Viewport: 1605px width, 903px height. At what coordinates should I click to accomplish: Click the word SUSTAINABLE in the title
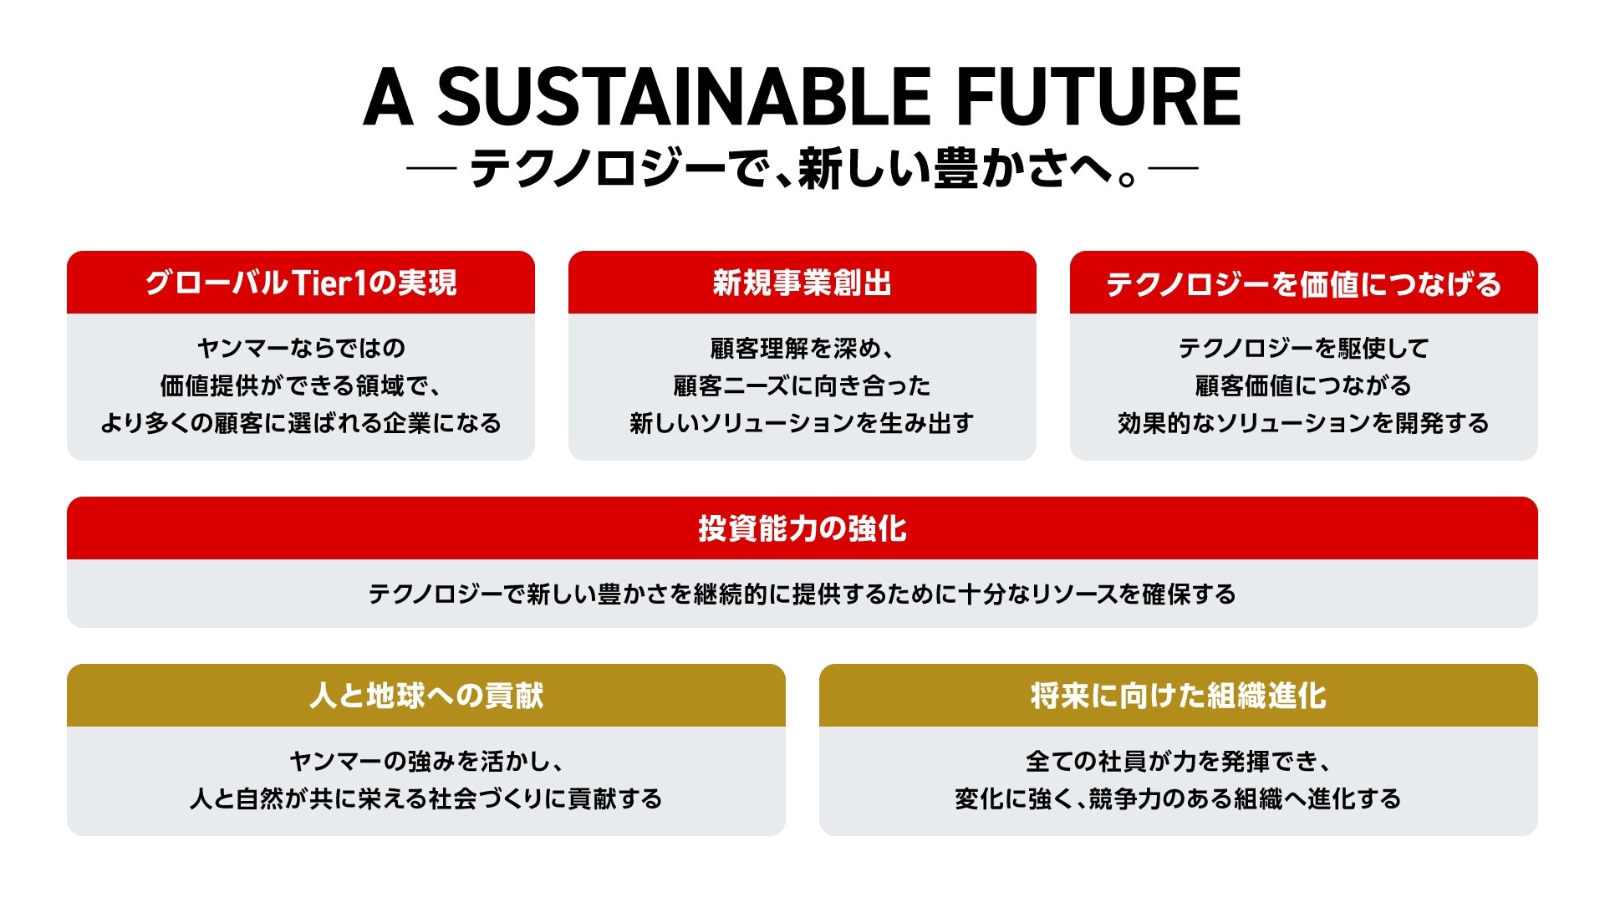684,97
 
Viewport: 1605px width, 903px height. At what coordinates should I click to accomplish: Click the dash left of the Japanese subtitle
431,168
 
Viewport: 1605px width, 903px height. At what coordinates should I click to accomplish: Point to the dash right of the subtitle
1174,168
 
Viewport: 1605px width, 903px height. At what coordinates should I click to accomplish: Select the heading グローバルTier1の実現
301,283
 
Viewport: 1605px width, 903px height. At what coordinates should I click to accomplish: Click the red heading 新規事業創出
802,283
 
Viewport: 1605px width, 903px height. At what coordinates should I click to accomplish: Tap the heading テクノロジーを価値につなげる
1304,284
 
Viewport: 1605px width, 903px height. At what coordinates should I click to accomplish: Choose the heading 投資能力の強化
802,528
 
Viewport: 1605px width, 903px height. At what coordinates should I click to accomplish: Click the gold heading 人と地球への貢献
426,696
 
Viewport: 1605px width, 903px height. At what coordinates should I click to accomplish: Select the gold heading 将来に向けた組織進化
1179,696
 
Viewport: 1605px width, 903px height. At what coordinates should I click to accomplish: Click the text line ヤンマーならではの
301,348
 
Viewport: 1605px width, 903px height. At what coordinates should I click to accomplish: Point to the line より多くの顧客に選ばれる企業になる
301,423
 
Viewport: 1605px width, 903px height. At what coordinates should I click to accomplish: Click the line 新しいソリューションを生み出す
802,423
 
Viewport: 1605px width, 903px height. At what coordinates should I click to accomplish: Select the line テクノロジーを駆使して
1304,348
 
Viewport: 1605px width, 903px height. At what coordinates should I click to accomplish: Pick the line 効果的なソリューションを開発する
1304,423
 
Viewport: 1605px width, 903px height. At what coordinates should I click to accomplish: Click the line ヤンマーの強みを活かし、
426,761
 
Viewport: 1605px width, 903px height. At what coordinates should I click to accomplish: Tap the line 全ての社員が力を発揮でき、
1179,761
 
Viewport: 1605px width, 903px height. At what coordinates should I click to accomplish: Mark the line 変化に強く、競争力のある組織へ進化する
1179,798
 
